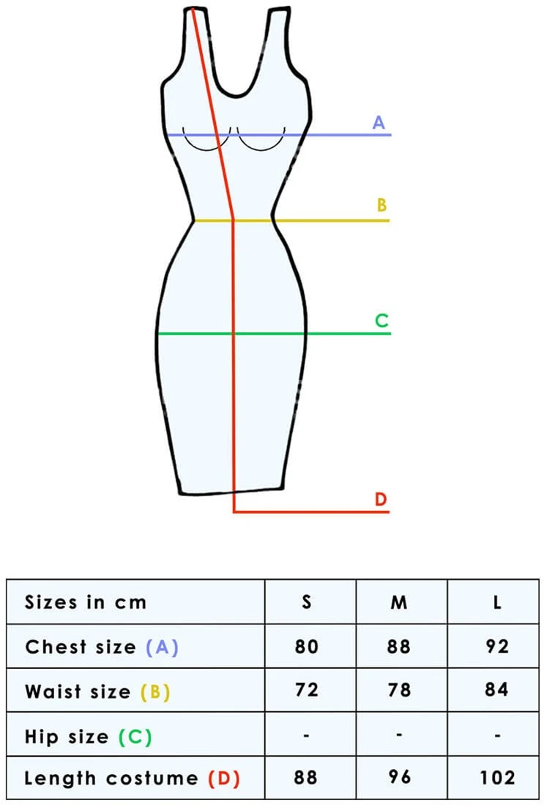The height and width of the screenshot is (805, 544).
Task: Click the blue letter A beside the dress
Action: [379, 123]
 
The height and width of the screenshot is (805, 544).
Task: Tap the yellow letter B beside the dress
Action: [381, 205]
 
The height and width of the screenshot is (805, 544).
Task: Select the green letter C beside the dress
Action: [381, 321]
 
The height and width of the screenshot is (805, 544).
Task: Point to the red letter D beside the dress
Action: [381, 499]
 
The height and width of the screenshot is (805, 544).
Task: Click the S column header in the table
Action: [307, 602]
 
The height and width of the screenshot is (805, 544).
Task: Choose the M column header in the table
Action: [399, 602]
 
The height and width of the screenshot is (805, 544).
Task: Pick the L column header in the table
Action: [496, 602]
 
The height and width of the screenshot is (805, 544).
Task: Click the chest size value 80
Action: [306, 646]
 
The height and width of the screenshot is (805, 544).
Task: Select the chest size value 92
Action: [496, 646]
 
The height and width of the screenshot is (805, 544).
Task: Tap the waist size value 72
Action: [306, 689]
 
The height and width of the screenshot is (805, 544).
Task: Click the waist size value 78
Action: [399, 689]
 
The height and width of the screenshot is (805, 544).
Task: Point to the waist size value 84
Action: [496, 689]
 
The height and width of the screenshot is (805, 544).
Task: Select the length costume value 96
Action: [399, 777]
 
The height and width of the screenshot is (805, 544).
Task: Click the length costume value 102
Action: [496, 777]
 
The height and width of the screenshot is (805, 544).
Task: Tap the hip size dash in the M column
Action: [399, 735]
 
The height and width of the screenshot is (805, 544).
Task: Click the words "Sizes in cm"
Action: [86, 602]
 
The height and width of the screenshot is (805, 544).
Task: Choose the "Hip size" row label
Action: [67, 737]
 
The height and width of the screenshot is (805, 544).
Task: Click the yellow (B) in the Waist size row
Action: [155, 692]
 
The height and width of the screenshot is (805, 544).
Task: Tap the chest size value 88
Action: [399, 646]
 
